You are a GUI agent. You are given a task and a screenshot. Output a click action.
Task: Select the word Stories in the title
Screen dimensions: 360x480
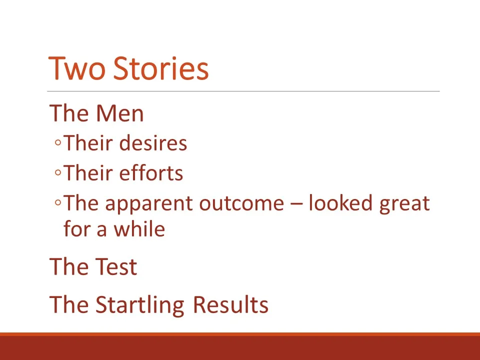[x=160, y=68]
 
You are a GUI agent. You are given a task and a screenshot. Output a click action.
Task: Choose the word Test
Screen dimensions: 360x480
[x=115, y=266]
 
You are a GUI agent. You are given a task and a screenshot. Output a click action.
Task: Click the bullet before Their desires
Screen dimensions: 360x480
[x=58, y=144]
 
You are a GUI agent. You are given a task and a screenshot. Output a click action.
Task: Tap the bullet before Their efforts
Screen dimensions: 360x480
[x=58, y=173]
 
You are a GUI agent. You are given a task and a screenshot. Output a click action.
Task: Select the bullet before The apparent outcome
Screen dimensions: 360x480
[x=58, y=203]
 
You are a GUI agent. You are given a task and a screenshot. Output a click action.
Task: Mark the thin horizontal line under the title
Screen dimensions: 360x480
[x=243, y=91]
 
